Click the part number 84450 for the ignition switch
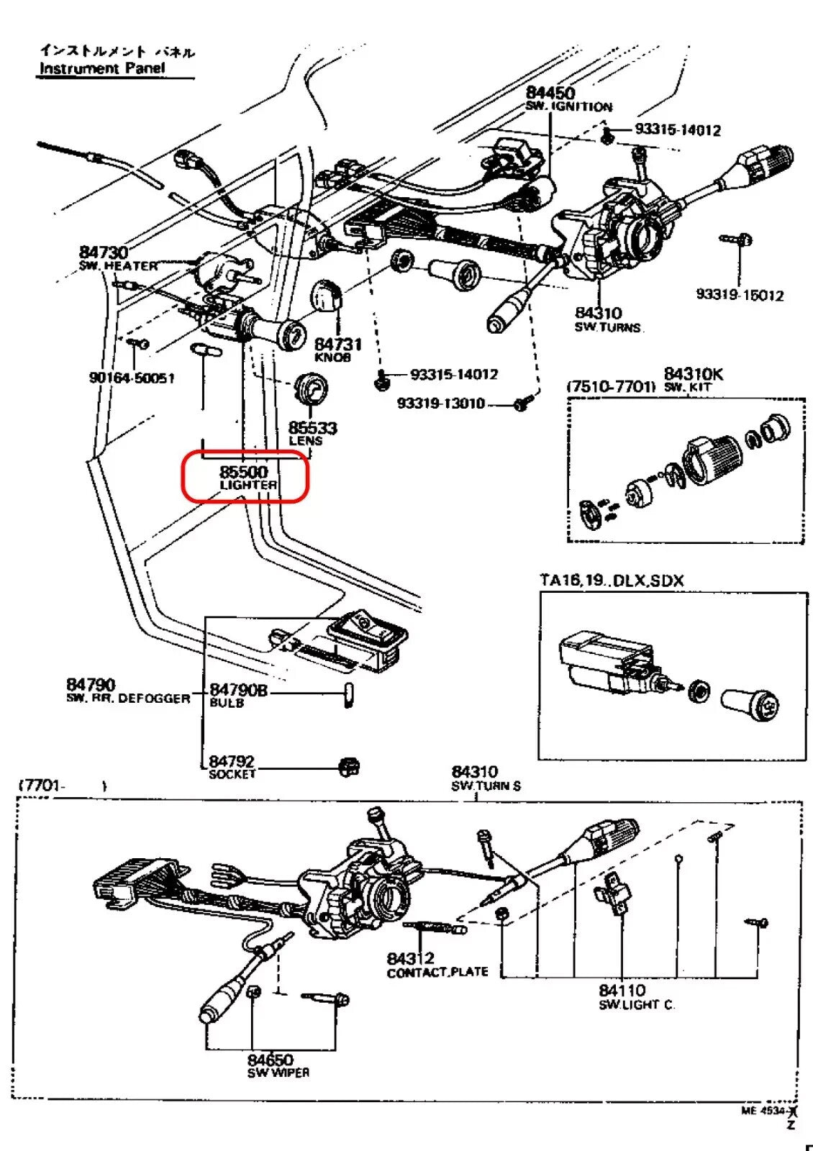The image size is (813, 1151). click(x=550, y=93)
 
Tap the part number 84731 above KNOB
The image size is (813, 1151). click(x=337, y=345)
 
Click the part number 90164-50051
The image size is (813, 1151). click(x=132, y=378)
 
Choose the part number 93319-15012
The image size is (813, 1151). click(x=739, y=295)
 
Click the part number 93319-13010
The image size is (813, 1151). click(x=441, y=404)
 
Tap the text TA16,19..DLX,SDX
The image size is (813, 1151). click(x=612, y=580)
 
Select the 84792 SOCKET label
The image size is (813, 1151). click(x=232, y=766)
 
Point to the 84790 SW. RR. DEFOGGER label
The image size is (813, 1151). click(x=127, y=691)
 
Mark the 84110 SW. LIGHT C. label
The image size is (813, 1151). click(x=636, y=996)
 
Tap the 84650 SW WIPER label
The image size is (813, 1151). click(x=277, y=1065)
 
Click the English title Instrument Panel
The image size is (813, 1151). click(x=101, y=68)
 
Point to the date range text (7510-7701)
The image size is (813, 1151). click(x=611, y=387)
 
